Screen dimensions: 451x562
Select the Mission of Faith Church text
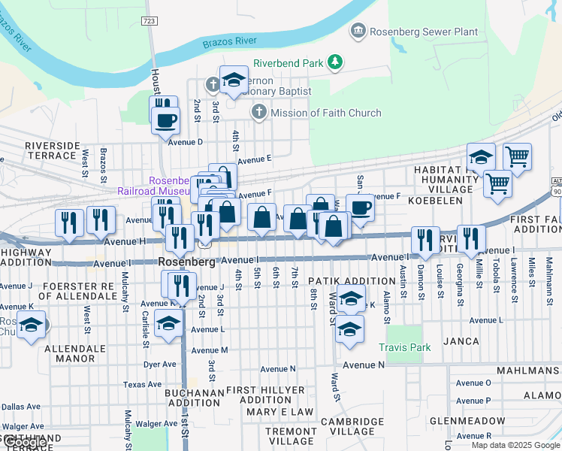pos(325,113)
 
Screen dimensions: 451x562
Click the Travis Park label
pos(405,347)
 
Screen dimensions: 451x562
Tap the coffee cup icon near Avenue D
pos(165,119)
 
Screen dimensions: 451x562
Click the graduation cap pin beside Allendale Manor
pos(30,325)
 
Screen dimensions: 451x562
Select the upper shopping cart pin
pos(517,156)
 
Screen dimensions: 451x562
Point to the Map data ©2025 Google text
pos(515,445)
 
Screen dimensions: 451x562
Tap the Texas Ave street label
pos(143,384)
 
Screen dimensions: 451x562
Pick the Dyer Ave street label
pos(159,364)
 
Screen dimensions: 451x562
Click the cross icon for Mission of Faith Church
pos(258,113)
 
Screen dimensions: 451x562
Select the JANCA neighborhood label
pos(461,341)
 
